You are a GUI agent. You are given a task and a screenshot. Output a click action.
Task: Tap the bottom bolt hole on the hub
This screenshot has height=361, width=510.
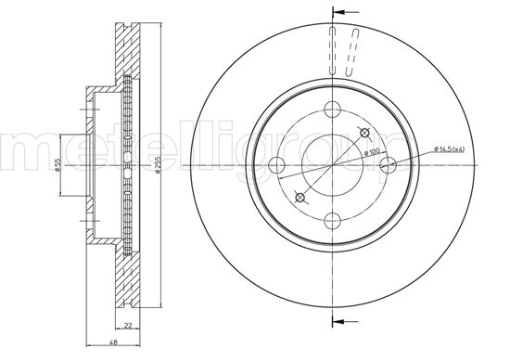tap(332, 220)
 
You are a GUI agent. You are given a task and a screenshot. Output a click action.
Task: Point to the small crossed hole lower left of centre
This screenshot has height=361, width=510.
tap(300, 197)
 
